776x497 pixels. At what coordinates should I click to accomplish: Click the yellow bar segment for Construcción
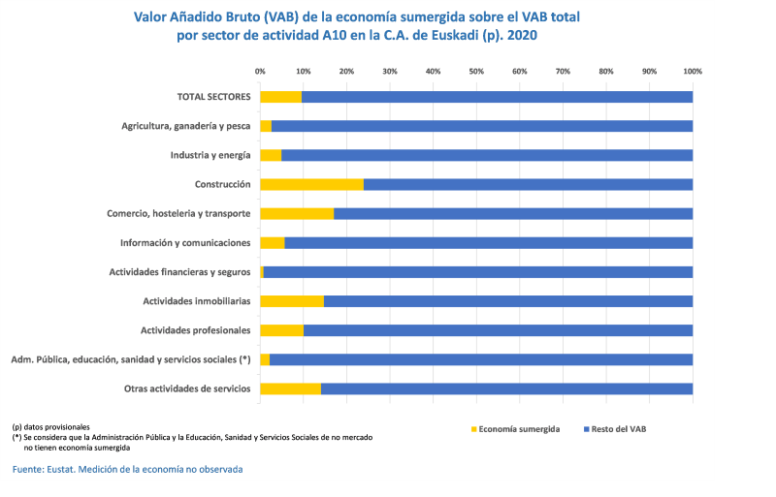311,184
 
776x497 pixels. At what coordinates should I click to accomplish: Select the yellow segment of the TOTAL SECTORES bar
281,97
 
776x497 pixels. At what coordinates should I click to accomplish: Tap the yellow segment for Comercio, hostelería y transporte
297,213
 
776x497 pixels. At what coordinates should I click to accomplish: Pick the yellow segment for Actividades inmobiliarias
292,301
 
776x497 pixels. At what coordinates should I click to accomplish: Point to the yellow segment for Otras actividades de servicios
290,388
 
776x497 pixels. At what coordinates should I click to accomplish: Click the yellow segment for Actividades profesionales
281,330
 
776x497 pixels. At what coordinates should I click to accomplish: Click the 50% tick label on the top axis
476,72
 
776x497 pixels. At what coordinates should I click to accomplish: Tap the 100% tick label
693,72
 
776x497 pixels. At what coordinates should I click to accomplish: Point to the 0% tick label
260,72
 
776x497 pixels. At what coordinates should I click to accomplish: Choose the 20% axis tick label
346,72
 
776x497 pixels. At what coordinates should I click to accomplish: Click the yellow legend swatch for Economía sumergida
474,428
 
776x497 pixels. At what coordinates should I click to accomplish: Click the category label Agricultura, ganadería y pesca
186,126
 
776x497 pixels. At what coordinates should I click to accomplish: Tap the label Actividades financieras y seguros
179,272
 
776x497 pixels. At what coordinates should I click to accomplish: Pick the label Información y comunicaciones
185,242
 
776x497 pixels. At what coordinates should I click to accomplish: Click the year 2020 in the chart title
520,34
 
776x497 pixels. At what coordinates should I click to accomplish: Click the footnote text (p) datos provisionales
50,427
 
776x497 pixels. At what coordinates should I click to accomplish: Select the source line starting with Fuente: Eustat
127,469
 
